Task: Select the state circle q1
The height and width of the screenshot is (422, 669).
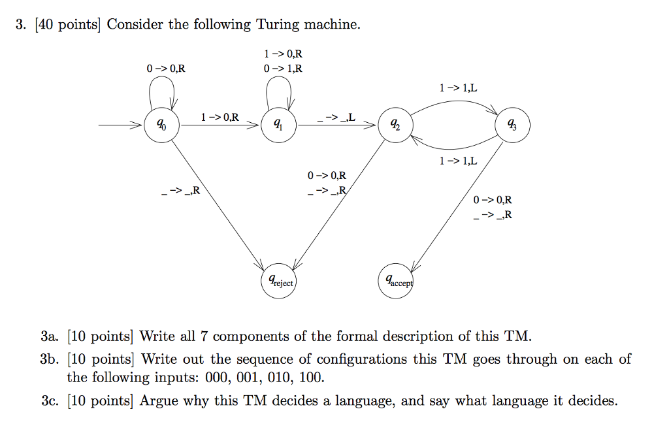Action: (279, 125)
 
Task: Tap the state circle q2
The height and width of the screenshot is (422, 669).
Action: (395, 125)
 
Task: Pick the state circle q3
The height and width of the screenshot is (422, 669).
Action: (514, 125)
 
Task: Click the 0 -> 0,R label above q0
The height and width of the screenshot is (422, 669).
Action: (166, 68)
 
